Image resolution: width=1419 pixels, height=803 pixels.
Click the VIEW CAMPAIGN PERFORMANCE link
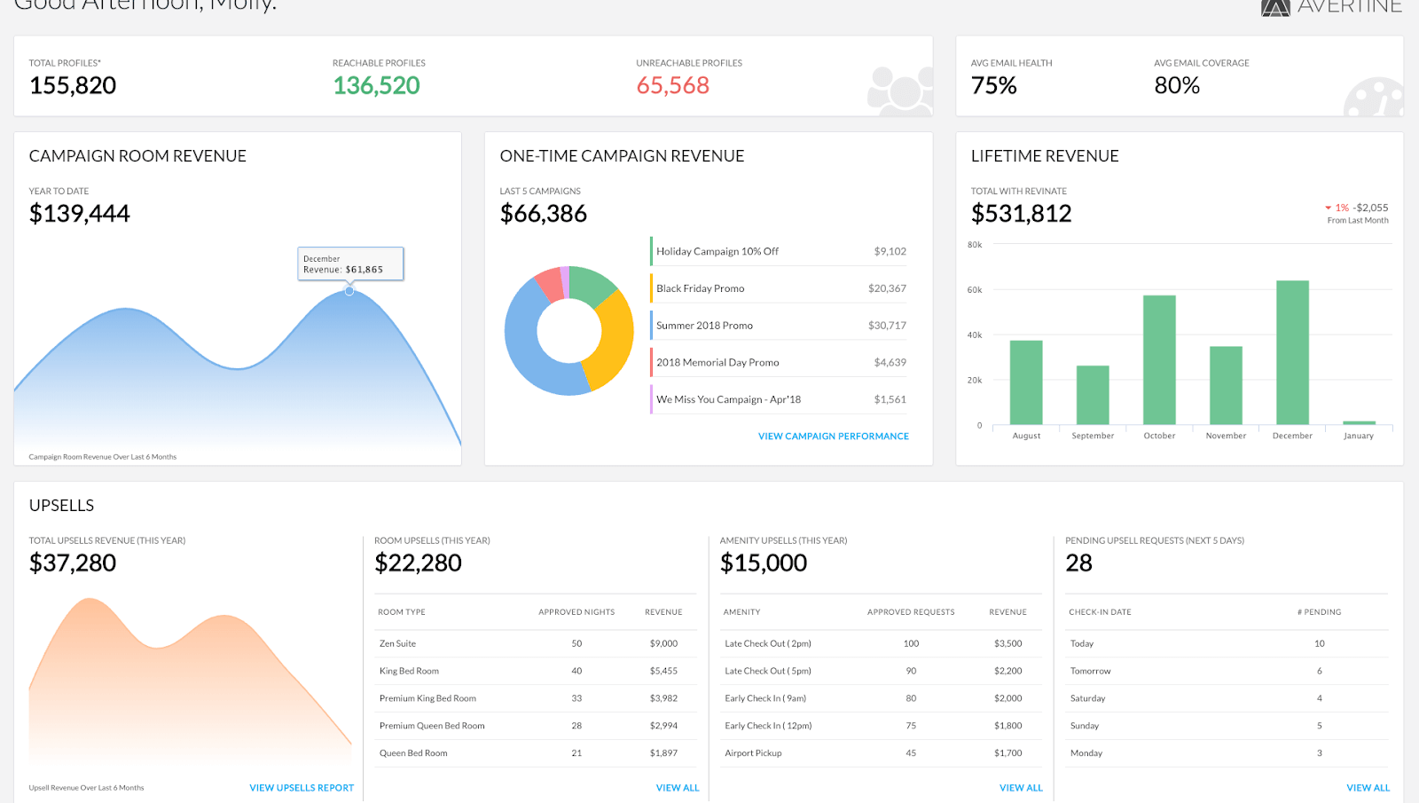pyautogui.click(x=833, y=437)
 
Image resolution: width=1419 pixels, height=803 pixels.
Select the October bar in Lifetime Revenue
pyautogui.click(x=1159, y=359)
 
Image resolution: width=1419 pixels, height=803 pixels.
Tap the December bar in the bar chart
pyautogui.click(x=1292, y=352)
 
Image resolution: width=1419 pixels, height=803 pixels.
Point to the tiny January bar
pyautogui.click(x=1359, y=422)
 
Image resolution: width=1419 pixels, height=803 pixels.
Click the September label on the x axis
pyautogui.click(x=1093, y=436)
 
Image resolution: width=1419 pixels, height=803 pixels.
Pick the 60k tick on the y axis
pyautogui.click(x=975, y=290)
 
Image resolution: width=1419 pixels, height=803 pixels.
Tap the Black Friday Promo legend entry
pyautogui.click(x=701, y=288)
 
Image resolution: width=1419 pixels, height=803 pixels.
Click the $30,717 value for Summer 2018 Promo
pyautogui.click(x=887, y=326)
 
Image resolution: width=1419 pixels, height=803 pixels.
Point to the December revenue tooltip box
pyautogui.click(x=350, y=264)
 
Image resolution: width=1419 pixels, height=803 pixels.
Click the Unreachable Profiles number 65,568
pyautogui.click(x=673, y=85)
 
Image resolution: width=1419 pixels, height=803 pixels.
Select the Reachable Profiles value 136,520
pyautogui.click(x=376, y=85)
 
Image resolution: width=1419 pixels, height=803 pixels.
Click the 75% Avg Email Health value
pyautogui.click(x=994, y=85)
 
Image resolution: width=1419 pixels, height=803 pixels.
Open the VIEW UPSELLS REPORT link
pyautogui.click(x=302, y=788)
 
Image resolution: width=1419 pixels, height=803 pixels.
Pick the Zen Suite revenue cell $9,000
pyautogui.click(x=663, y=644)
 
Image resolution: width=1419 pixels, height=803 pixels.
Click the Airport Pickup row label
pyautogui.click(x=753, y=753)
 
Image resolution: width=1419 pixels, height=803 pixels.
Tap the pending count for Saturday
pyautogui.click(x=1320, y=698)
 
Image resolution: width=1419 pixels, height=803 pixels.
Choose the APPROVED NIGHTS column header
pyautogui.click(x=576, y=612)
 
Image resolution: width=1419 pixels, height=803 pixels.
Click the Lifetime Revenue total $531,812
pyautogui.click(x=1021, y=214)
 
